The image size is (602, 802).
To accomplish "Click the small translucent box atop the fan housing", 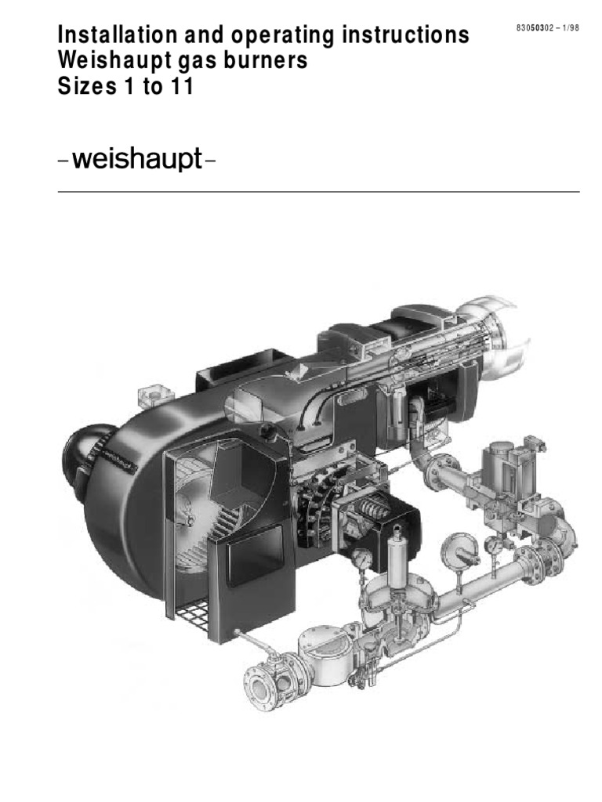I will [x=148, y=396].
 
